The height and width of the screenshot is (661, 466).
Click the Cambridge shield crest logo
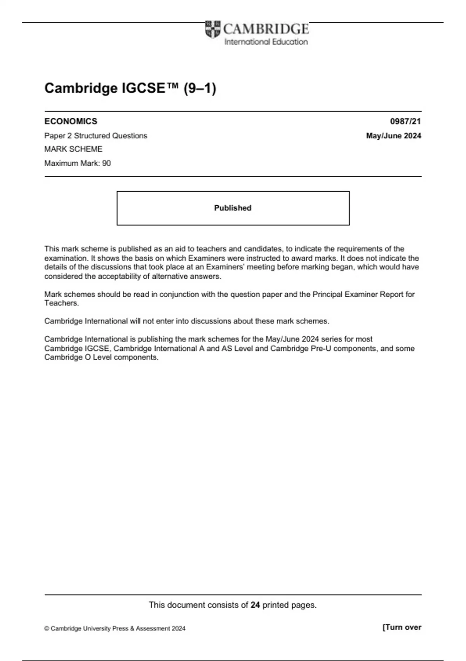tap(212, 29)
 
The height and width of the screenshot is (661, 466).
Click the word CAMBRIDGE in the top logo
tap(266, 29)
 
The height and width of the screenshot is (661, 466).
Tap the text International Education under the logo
tap(266, 42)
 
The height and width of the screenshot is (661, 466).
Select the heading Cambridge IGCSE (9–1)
tap(130, 88)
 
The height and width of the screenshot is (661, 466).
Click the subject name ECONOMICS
tap(71, 121)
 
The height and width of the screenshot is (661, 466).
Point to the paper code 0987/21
tap(405, 121)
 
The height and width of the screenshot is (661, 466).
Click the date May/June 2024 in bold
tap(393, 136)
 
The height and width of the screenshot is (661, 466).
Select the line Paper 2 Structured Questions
tap(96, 136)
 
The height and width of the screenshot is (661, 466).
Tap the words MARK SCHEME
tap(73, 149)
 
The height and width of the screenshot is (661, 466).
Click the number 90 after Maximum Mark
tap(106, 163)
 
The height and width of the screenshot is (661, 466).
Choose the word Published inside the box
tap(233, 208)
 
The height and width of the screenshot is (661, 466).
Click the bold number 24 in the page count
tap(255, 605)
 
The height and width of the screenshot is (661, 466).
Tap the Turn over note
tap(402, 627)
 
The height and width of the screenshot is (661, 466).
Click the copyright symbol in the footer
tap(47, 628)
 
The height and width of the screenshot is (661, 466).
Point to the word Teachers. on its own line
tap(61, 303)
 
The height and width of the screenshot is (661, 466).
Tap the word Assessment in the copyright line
tap(153, 628)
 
